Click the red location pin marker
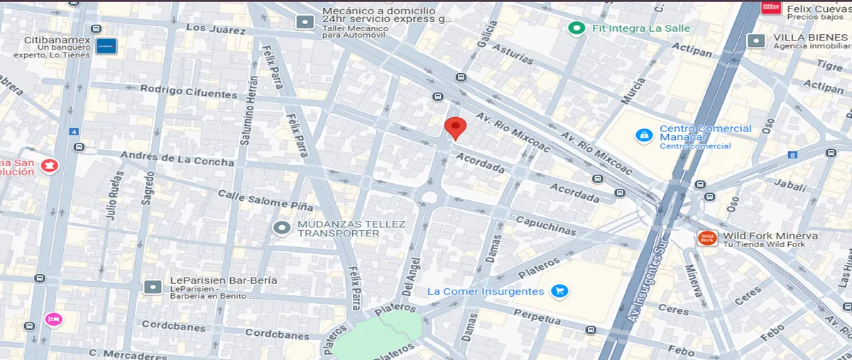[455, 128]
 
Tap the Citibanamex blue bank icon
[106, 46]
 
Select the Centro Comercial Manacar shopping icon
[644, 135]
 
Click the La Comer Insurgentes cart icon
[559, 291]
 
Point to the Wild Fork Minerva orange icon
[706, 239]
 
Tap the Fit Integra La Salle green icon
[577, 28]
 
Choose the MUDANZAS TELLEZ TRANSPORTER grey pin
[282, 228]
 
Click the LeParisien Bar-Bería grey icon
[153, 286]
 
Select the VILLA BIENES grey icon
[756, 40]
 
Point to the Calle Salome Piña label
[253, 199]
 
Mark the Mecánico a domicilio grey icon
[305, 22]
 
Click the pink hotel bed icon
[53, 320]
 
